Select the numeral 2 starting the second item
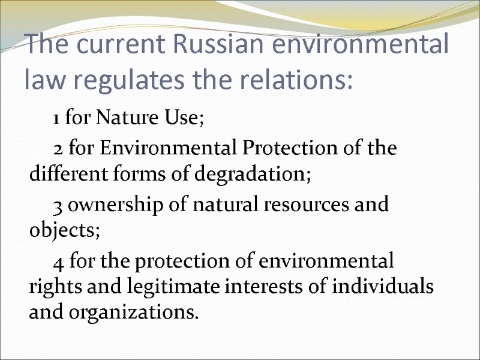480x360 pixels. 58,148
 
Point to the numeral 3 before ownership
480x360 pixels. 58,206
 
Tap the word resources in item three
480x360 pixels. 299,206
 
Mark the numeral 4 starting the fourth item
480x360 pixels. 58,262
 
